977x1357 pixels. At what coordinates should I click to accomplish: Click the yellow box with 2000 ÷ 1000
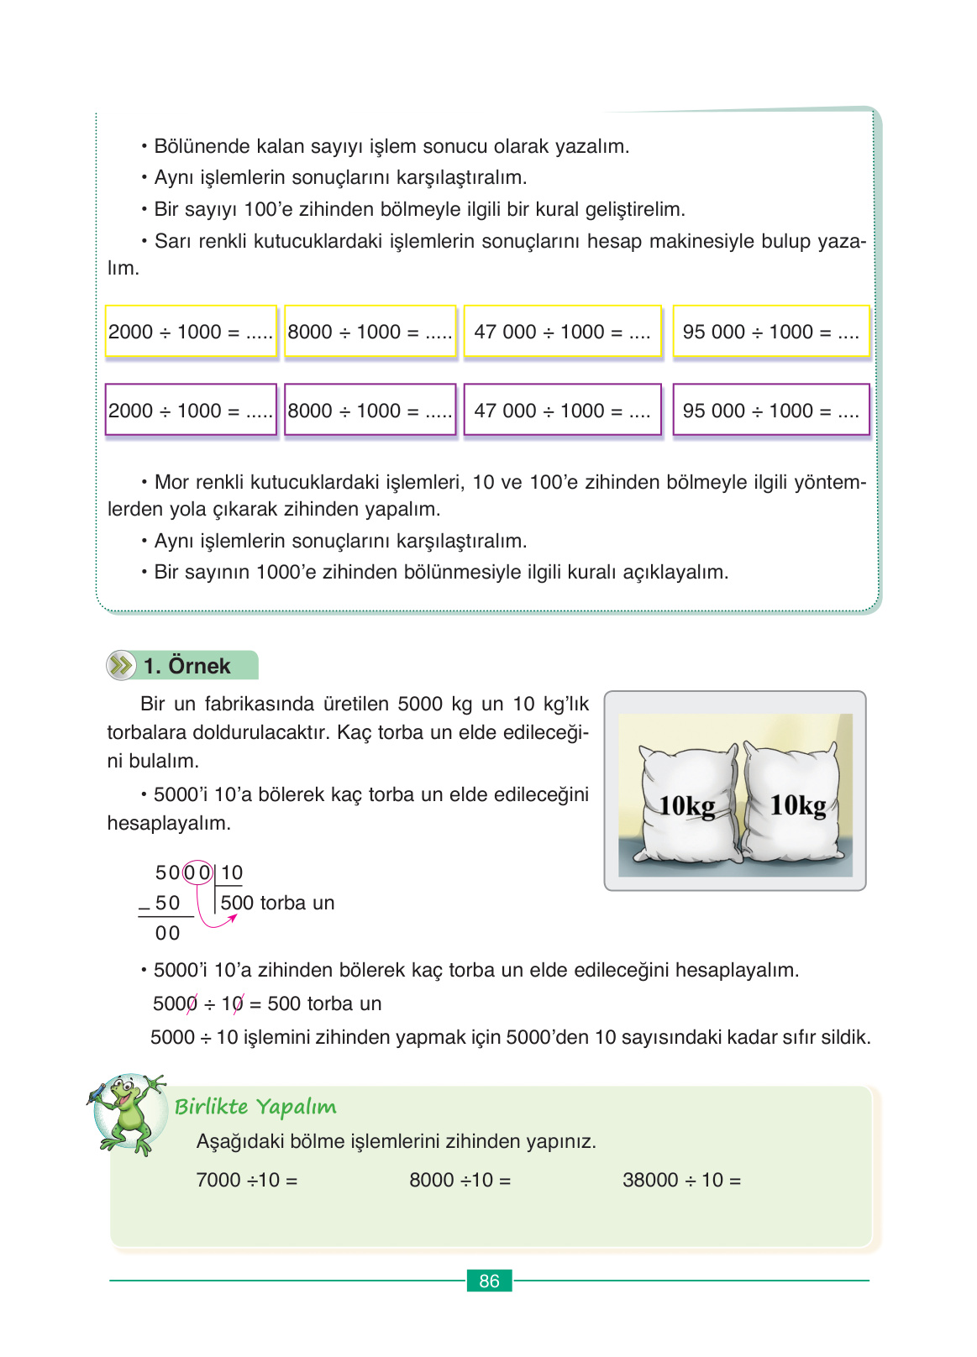pyautogui.click(x=191, y=332)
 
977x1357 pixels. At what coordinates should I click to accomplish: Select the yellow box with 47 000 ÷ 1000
pyautogui.click(x=562, y=332)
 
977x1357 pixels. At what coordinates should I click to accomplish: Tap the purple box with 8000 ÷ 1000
pyautogui.click(x=370, y=411)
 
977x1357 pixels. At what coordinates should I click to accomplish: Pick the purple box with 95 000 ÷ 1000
pyautogui.click(x=770, y=411)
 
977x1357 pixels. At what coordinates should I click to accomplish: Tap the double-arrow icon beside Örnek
pyautogui.click(x=121, y=666)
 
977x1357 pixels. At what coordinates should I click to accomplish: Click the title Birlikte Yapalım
pyautogui.click(x=255, y=1107)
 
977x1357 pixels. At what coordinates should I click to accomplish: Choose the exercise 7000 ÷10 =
pyautogui.click(x=246, y=1180)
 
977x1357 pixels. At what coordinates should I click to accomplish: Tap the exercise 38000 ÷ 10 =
pyautogui.click(x=681, y=1180)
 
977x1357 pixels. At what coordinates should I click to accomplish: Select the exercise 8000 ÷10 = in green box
pyautogui.click(x=460, y=1180)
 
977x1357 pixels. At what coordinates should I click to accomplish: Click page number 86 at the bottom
pyautogui.click(x=489, y=1281)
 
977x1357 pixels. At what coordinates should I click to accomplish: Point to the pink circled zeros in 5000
pyautogui.click(x=197, y=872)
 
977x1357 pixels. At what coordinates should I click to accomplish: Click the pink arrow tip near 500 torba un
pyautogui.click(x=233, y=917)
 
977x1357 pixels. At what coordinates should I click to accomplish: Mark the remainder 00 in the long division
pyautogui.click(x=167, y=933)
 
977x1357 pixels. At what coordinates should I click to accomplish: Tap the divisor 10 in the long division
pyautogui.click(x=232, y=872)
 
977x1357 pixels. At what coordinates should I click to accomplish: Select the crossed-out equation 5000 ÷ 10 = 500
pyautogui.click(x=266, y=1003)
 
